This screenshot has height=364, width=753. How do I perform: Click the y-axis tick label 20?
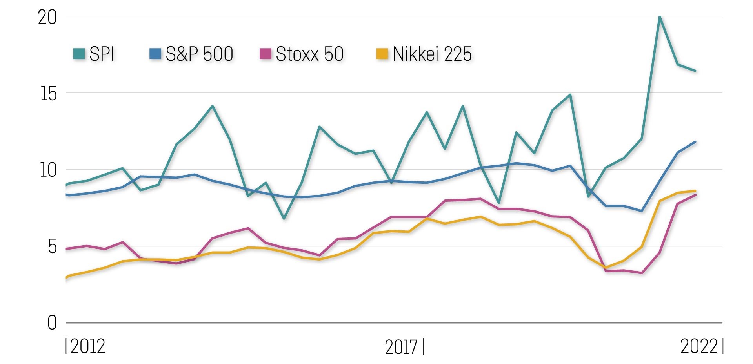click(x=47, y=18)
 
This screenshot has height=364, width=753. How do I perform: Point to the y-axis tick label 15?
click(x=48, y=94)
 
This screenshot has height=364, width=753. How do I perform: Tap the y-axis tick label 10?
click(x=48, y=170)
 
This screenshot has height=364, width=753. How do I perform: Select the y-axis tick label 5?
click(x=52, y=247)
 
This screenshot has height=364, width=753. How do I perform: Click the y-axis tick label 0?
click(x=52, y=324)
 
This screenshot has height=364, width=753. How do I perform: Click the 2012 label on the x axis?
click(x=87, y=347)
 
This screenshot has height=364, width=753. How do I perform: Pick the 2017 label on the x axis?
click(x=401, y=347)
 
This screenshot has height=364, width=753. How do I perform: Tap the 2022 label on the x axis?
click(x=699, y=347)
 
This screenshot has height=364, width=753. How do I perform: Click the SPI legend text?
click(x=102, y=54)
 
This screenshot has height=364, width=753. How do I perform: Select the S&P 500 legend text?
click(x=199, y=54)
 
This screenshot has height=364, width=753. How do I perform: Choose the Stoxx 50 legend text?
click(x=309, y=54)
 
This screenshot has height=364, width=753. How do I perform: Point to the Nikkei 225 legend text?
click(x=432, y=54)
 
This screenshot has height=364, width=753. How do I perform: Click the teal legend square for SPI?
click(x=79, y=54)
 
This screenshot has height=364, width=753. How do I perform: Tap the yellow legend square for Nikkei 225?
click(x=382, y=54)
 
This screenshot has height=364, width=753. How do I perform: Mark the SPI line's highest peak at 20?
click(x=660, y=17)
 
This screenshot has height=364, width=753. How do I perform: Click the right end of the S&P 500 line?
click(x=695, y=142)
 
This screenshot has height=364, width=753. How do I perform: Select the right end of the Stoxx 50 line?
click(x=695, y=195)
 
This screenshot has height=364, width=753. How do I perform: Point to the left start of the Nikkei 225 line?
click(x=67, y=277)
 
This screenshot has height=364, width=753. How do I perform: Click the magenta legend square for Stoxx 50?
click(x=266, y=54)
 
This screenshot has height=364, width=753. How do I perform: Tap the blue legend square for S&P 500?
click(x=155, y=54)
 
